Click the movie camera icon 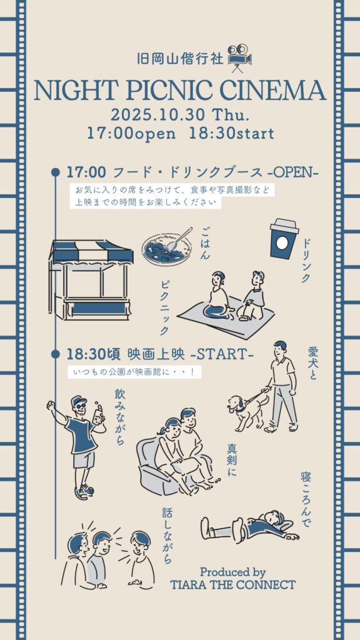click(x=239, y=58)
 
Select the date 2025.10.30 click(x=157, y=115)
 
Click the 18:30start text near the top click(x=231, y=134)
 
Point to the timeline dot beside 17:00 click(x=56, y=172)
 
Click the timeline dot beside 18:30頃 click(x=56, y=354)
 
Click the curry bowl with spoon click(x=167, y=247)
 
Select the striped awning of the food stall click(x=91, y=252)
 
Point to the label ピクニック click(x=164, y=307)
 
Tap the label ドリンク click(x=306, y=261)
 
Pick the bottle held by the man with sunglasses click(x=98, y=414)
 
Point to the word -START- click(x=222, y=355)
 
